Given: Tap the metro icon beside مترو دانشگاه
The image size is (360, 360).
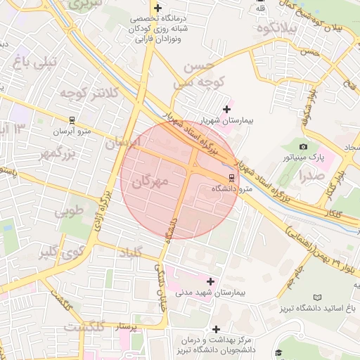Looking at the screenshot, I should point(232,177).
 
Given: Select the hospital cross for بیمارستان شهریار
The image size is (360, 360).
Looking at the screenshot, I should point(226,109).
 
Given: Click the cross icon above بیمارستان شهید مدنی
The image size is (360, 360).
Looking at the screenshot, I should point(210,281).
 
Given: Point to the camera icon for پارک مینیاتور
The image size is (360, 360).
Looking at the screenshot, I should point(304,146).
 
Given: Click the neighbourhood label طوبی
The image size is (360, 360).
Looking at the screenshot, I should point(69,210).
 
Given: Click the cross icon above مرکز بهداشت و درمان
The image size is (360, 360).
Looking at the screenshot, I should point(216,329).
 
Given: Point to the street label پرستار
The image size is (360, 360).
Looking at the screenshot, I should point(117,327).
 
